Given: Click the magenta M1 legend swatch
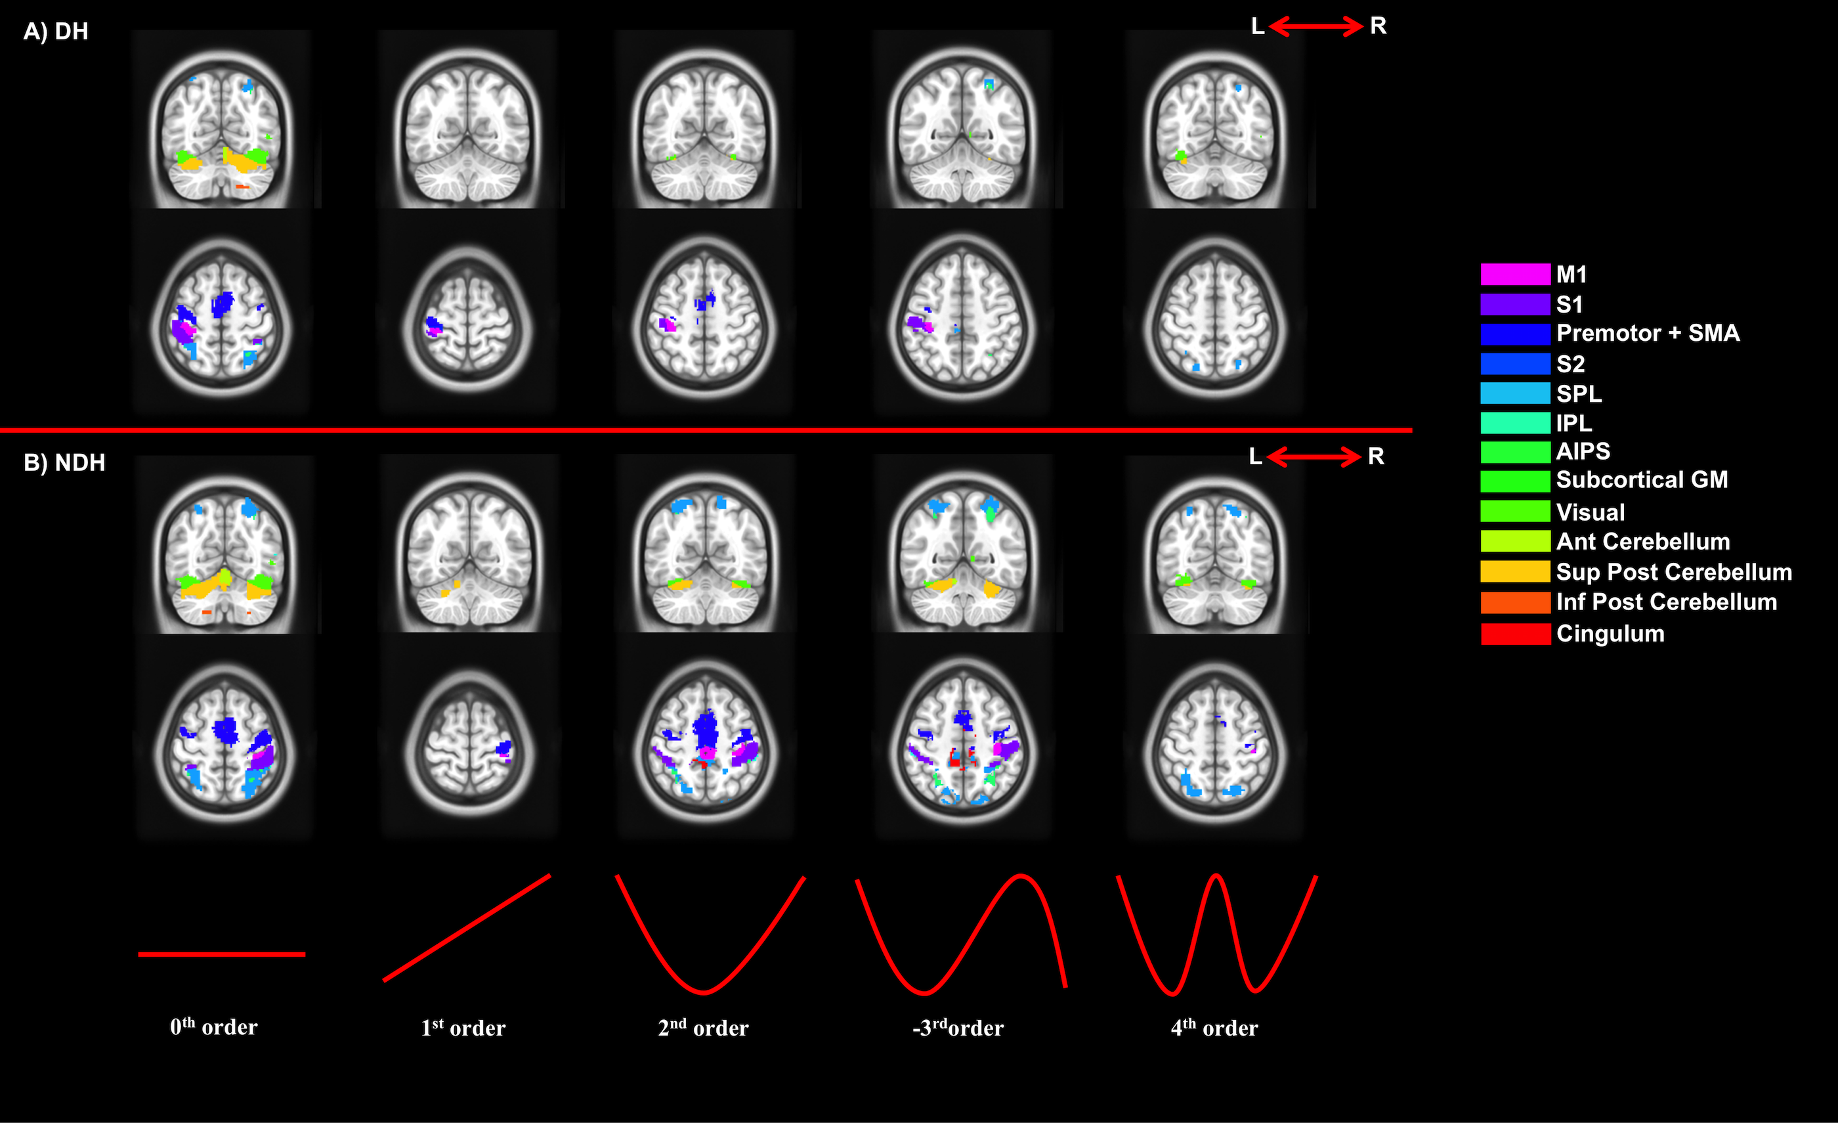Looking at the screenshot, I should click(1515, 275).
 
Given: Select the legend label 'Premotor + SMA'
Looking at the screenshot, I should click(1647, 334).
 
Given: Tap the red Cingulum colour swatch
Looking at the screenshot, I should click(1515, 634).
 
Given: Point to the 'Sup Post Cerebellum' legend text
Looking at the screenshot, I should click(1673, 572).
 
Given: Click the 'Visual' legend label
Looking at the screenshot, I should click(1590, 513).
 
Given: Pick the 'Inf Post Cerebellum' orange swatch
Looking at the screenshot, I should click(1515, 602).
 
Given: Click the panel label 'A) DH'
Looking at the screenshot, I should click(56, 32).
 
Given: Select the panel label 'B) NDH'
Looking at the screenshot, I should click(64, 462).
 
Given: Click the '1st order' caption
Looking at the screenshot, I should click(463, 1028).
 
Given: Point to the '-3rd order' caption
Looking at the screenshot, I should click(958, 1028).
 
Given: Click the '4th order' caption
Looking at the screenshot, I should click(1214, 1028).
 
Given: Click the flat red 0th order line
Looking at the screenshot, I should click(222, 954).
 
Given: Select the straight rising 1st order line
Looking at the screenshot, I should click(467, 927).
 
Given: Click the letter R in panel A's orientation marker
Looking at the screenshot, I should click(1378, 26).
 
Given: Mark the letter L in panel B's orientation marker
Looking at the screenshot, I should click(1255, 456).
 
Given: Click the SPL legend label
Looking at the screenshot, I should click(1579, 393).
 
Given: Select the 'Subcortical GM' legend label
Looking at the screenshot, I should click(1641, 480).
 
